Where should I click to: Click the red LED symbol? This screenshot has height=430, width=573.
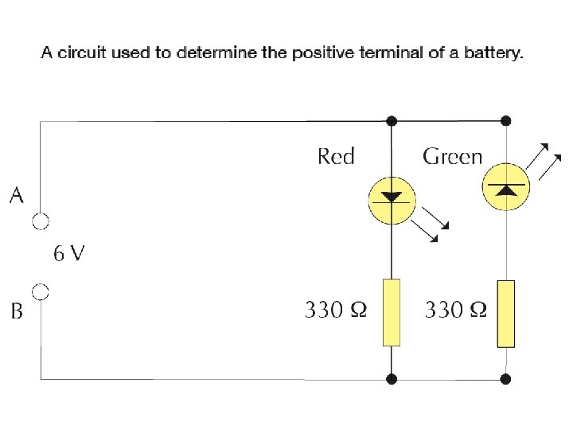coord(391,196)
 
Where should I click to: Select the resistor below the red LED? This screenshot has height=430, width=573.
coord(392,312)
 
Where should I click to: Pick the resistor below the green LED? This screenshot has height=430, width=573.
coord(506,314)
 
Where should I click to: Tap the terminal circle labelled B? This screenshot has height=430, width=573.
coord(41,292)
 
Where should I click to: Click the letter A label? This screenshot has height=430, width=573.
coord(17,195)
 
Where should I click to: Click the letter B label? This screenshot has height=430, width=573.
coord(17,311)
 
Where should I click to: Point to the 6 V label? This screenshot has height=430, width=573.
coord(68,254)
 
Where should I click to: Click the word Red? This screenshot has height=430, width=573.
coord(335,156)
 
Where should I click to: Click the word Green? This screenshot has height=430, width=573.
coord(452,156)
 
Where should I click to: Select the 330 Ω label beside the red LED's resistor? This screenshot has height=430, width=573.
coord(336,309)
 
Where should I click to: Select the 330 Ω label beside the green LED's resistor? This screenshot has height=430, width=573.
coord(455,309)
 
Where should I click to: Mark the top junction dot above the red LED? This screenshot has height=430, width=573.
coord(392,121)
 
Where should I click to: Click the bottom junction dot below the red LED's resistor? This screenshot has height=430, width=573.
coord(392,379)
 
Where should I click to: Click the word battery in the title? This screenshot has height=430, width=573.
coord(496,54)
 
